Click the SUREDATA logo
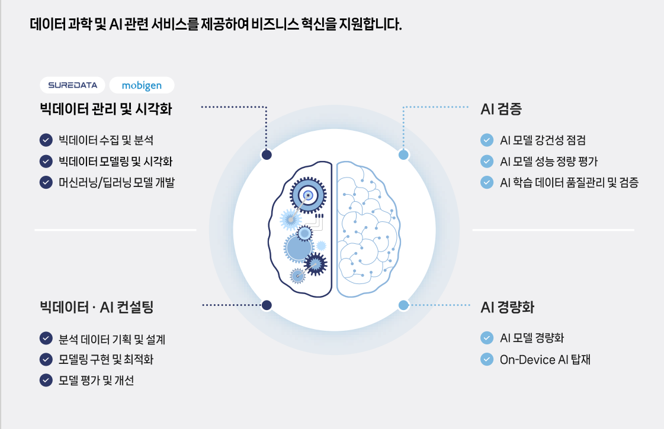pyautogui.click(x=72, y=85)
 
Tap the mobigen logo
pyautogui.click(x=142, y=85)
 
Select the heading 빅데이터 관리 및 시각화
pyautogui.click(x=106, y=109)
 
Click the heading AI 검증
pyautogui.click(x=501, y=109)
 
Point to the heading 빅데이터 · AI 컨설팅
pyautogui.click(x=97, y=307)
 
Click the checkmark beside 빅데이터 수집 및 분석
pyautogui.click(x=46, y=140)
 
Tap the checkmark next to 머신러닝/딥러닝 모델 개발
pyautogui.click(x=46, y=182)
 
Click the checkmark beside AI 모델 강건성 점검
pyautogui.click(x=487, y=140)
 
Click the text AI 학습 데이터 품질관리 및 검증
pyautogui.click(x=569, y=182)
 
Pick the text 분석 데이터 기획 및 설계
pyautogui.click(x=112, y=339)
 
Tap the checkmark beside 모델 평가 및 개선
pyautogui.click(x=46, y=380)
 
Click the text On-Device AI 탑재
pyautogui.click(x=545, y=359)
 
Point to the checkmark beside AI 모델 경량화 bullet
pyautogui.click(x=487, y=338)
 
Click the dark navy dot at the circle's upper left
pyautogui.click(x=267, y=155)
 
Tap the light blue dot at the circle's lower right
pyautogui.click(x=403, y=305)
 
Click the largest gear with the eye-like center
pyautogui.click(x=308, y=196)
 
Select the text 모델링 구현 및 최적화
pyautogui.click(x=107, y=359)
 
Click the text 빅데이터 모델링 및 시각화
pyautogui.click(x=116, y=162)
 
